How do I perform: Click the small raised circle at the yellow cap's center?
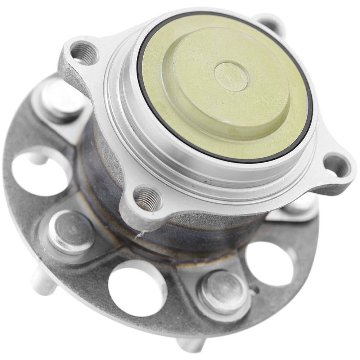click(x=231, y=76)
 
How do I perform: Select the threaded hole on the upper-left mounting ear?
click(x=84, y=53)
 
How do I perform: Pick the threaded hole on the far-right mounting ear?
click(x=337, y=165)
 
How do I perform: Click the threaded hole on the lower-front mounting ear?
click(x=148, y=198)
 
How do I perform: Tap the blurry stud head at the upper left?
click(x=61, y=96)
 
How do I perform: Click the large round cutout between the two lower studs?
click(x=137, y=288)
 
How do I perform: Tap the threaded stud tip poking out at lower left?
click(x=43, y=283)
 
